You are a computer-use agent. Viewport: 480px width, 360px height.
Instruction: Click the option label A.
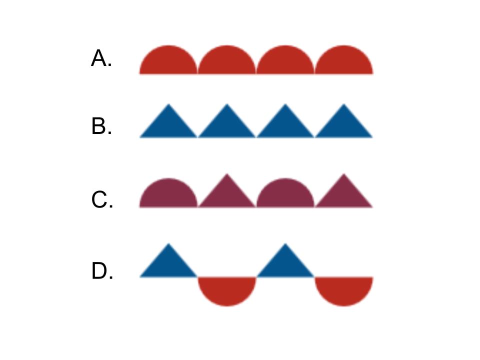(101, 59)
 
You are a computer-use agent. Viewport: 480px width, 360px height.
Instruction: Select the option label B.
(101, 127)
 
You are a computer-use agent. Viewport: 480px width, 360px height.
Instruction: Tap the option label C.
(102, 200)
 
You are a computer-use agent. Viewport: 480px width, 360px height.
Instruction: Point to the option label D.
(102, 272)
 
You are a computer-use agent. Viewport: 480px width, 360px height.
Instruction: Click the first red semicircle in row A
(168, 62)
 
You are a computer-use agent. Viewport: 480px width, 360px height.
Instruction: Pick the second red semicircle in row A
(227, 62)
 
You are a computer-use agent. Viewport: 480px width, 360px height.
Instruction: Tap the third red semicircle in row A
(285, 62)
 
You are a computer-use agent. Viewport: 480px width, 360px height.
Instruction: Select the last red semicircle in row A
(344, 62)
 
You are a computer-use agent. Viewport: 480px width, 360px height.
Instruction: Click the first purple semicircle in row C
(168, 195)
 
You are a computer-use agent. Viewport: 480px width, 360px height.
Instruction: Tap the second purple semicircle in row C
(285, 195)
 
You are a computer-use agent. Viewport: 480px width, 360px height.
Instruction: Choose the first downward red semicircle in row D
(227, 288)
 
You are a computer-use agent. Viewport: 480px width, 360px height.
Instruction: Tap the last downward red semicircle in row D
(344, 288)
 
